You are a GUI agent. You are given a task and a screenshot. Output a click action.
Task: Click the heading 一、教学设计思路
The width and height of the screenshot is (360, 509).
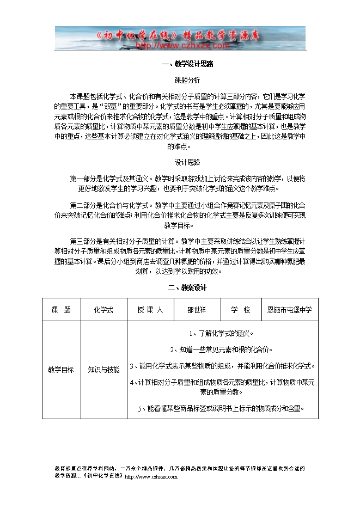(x=187, y=64)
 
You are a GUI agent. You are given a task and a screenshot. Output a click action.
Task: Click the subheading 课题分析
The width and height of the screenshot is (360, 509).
(x=187, y=79)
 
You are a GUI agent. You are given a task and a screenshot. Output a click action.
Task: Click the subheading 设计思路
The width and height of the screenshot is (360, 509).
(x=187, y=162)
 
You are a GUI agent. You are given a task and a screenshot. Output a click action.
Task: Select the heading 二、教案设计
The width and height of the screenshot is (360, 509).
(x=187, y=287)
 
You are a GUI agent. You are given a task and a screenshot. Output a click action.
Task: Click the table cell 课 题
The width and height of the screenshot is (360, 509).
(x=61, y=310)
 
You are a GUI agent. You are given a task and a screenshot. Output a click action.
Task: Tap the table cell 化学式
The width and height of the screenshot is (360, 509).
(x=103, y=310)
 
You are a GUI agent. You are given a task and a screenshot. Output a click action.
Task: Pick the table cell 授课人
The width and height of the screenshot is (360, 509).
(x=150, y=310)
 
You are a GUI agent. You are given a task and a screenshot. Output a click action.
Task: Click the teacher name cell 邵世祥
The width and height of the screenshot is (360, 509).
(x=197, y=310)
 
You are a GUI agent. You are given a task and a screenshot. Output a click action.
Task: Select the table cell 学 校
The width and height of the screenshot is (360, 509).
(x=240, y=310)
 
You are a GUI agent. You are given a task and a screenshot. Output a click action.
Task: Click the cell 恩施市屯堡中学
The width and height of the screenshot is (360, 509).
(x=289, y=310)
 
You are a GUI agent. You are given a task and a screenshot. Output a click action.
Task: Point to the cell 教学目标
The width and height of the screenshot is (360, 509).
(x=61, y=370)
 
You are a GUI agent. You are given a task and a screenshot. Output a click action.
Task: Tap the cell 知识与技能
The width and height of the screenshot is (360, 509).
(x=103, y=370)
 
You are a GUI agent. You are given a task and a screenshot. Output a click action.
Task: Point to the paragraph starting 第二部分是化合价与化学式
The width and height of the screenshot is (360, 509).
(x=187, y=215)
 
